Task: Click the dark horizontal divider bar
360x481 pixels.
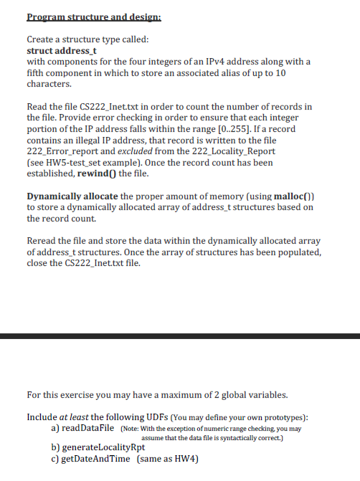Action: coord(180,335)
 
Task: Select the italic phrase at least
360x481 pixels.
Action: coord(75,416)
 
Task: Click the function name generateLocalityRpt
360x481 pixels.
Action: coord(104,448)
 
